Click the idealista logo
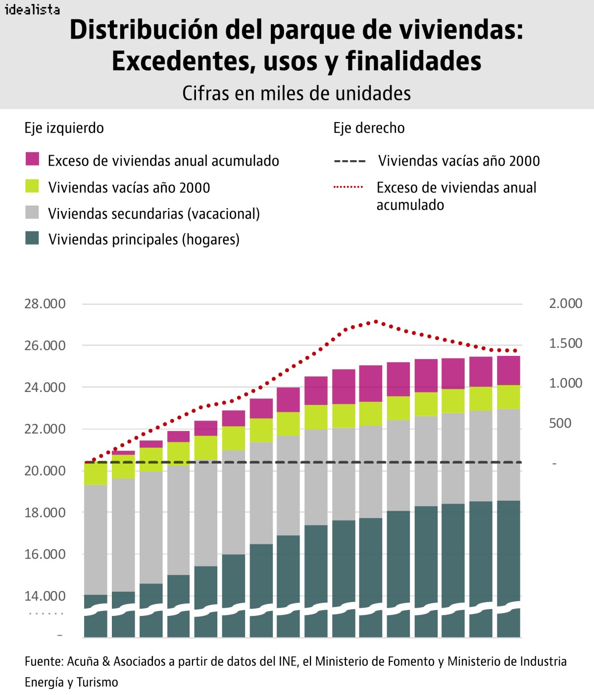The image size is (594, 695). coord(32,9)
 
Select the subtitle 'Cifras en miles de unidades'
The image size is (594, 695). coord(297,93)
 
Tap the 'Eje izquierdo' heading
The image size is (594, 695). coord(64,128)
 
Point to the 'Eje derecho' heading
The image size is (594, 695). coord(369,128)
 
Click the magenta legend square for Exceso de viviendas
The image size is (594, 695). coord(32,159)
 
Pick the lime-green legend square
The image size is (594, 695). coord(32,186)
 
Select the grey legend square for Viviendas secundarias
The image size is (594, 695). coord(32,212)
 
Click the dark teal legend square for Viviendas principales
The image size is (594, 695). coord(32,238)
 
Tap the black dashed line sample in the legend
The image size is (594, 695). coord(349,161)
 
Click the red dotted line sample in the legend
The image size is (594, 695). coord(348,187)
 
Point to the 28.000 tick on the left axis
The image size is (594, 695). coord(45,304)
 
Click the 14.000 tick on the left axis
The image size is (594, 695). coord(45,596)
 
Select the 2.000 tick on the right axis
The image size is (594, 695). coord(565,304)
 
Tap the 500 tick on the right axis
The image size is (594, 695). coord(560,423)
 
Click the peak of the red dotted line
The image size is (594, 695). coord(376,321)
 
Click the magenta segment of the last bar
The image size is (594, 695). coord(508,370)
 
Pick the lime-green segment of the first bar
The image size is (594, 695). coord(96,474)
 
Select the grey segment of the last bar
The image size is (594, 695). coord(508,455)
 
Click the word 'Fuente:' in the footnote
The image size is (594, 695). coord(44,661)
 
